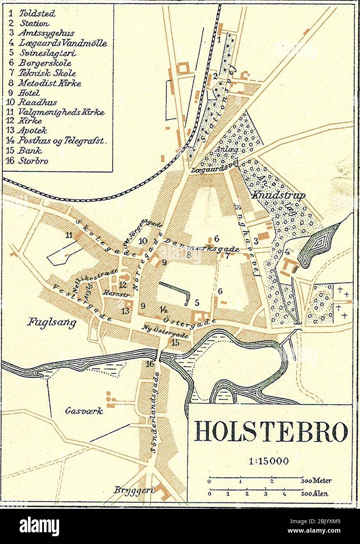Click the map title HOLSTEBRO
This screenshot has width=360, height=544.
pyautogui.click(x=271, y=432)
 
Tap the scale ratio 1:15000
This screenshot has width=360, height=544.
pyautogui.click(x=268, y=461)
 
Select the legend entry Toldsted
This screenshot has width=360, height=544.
pyautogui.click(x=37, y=13)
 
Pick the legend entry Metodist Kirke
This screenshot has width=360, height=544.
pyautogui.click(x=50, y=83)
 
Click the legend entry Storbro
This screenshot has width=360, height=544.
pyautogui.click(x=33, y=160)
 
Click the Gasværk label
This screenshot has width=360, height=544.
pyautogui.click(x=84, y=411)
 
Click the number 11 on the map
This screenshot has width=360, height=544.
pyautogui.click(x=69, y=235)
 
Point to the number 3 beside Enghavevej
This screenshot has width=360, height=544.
pyautogui.click(x=256, y=241)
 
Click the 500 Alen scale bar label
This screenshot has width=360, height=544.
pyautogui.click(x=315, y=494)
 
